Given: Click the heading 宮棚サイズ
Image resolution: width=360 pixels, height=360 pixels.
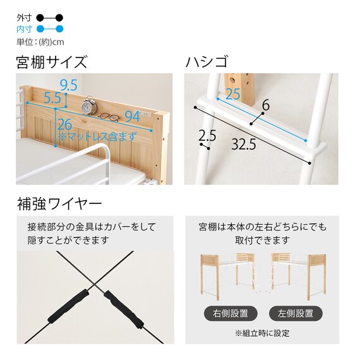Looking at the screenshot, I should (52, 63).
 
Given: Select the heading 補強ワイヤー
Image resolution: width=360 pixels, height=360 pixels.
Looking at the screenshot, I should (59, 205).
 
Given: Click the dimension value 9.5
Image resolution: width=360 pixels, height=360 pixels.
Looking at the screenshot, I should (69, 84).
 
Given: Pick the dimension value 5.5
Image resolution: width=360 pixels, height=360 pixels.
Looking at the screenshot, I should (52, 99).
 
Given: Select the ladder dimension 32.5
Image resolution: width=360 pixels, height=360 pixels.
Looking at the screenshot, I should (243, 145).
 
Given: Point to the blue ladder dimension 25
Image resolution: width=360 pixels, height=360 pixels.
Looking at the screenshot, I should (232, 94).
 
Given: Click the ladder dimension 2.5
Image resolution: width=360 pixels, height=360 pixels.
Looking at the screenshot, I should (207, 135).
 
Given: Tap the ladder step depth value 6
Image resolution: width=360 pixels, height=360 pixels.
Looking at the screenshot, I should (265, 105).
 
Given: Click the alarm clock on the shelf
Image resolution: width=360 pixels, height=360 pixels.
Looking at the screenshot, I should (90, 104).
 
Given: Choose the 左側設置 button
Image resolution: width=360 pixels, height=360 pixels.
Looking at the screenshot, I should (296, 313).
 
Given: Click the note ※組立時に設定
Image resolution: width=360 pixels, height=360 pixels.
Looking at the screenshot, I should (262, 333).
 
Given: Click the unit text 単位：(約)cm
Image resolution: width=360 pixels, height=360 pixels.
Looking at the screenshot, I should (40, 42).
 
